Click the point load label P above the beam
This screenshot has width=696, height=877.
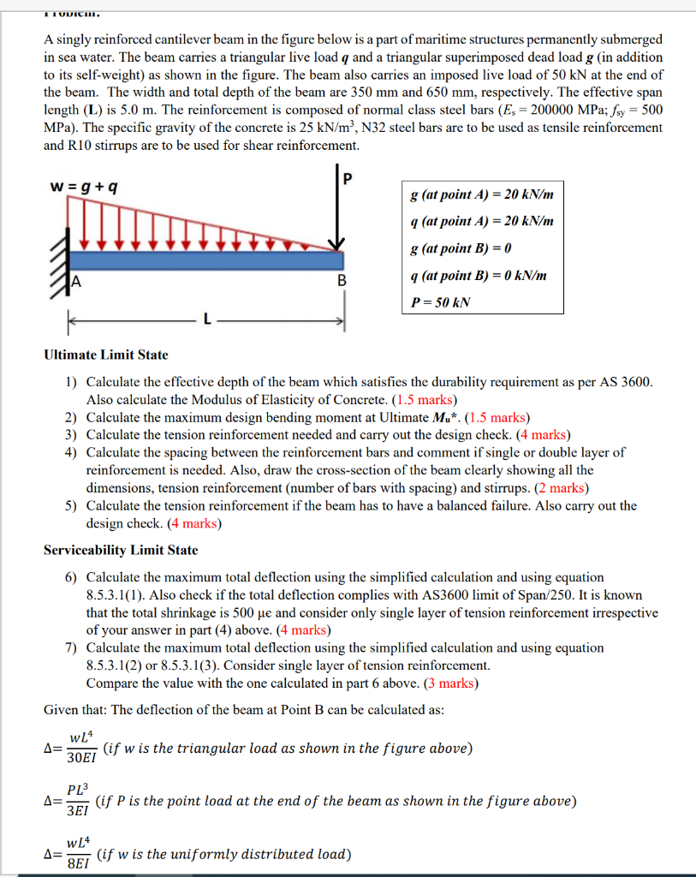pyautogui.click(x=346, y=180)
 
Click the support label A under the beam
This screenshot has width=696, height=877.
pyautogui.click(x=76, y=280)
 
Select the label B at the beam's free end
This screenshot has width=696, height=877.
pyautogui.click(x=342, y=280)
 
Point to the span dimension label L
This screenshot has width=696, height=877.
pyautogui.click(x=205, y=319)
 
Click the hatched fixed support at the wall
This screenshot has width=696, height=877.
pyautogui.click(x=62, y=260)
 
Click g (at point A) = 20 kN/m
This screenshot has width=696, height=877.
pyautogui.click(x=482, y=194)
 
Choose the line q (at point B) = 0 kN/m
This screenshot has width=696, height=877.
pyautogui.click(x=479, y=275)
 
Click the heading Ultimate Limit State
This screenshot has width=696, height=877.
pyautogui.click(x=105, y=355)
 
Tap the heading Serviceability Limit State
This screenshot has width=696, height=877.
pyautogui.click(x=120, y=550)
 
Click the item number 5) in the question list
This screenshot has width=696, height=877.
pyautogui.click(x=71, y=505)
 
